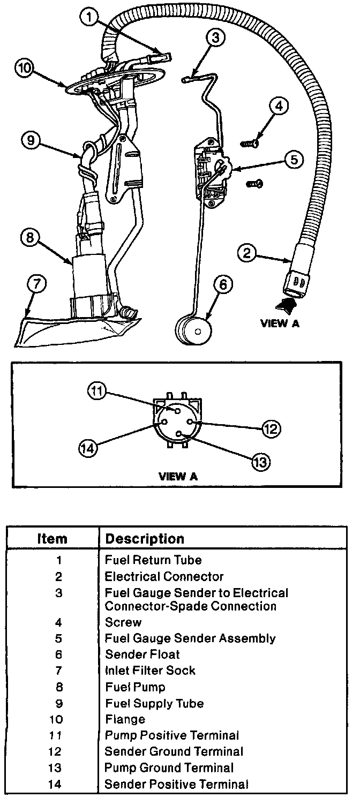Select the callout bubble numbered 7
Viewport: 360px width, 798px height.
(36, 285)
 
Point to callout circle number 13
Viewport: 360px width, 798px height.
(260, 461)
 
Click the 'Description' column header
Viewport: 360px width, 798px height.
(145, 538)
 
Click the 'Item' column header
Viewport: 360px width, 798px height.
(52, 538)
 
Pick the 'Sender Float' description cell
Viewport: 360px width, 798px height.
(142, 654)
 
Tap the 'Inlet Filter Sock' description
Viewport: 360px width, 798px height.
(150, 671)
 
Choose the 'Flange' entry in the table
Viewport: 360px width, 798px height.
(125, 719)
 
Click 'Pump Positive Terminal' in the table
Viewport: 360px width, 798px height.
(171, 735)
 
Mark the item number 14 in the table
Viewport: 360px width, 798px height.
(58, 785)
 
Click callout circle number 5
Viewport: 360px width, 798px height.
(294, 159)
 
